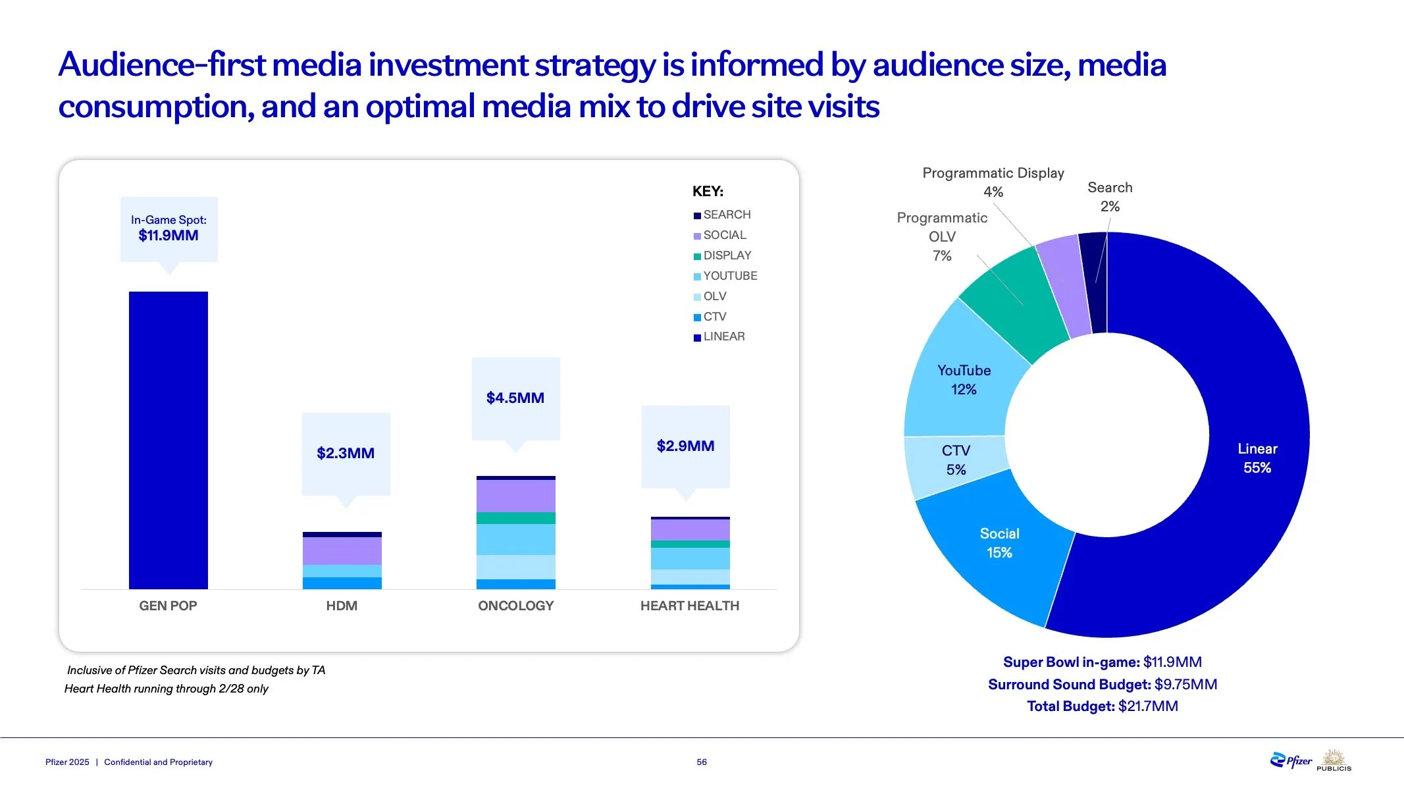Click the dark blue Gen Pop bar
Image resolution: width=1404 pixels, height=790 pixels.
(x=169, y=440)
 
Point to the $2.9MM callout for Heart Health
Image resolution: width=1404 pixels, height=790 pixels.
(x=686, y=448)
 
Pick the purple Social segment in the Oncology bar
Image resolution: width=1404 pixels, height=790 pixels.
(x=516, y=496)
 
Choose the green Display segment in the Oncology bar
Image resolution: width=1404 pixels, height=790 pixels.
(x=516, y=518)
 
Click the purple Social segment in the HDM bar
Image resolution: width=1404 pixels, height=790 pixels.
(x=342, y=551)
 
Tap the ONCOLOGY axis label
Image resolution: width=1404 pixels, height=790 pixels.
(x=516, y=606)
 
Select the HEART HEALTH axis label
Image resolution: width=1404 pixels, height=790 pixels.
(x=690, y=606)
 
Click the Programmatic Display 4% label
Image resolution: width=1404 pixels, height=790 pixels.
(x=993, y=182)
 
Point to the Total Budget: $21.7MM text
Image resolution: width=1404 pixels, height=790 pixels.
(x=1103, y=706)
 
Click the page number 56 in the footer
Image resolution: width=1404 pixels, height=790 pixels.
(x=702, y=762)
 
